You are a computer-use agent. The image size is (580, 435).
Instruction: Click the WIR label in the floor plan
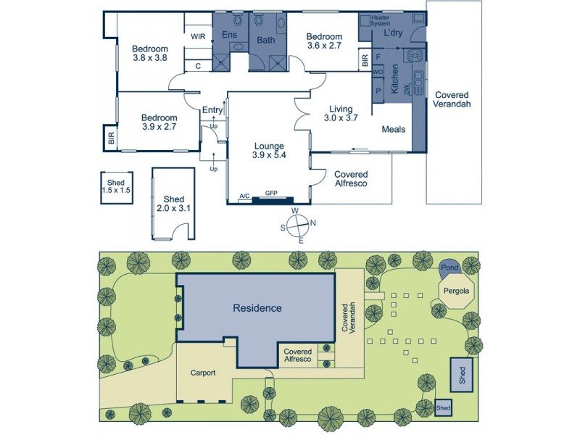[x=197, y=36]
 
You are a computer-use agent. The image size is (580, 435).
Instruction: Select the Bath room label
[x=266, y=41]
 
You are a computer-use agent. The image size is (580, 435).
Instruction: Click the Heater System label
[x=380, y=20]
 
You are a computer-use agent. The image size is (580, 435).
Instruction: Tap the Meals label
[x=394, y=130]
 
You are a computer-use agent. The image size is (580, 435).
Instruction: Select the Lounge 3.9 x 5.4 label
[x=268, y=150]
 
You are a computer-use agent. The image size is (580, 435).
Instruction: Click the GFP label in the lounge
[x=272, y=194]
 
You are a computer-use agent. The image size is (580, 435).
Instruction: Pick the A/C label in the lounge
[x=245, y=196]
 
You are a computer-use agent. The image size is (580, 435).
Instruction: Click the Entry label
[x=212, y=110]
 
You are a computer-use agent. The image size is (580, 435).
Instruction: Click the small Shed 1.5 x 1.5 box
[x=116, y=187]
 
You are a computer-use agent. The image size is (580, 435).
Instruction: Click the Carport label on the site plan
[x=203, y=374]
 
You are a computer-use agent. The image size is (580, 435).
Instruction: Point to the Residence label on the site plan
[x=257, y=308]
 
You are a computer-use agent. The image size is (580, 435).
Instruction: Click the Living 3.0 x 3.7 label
[x=340, y=114]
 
